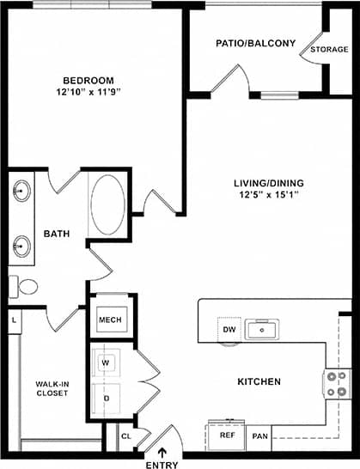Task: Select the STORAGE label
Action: [x=329, y=50]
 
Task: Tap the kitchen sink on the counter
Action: [x=259, y=329]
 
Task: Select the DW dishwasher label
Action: [x=229, y=329]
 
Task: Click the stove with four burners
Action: [x=336, y=385]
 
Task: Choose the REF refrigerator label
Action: [x=228, y=435]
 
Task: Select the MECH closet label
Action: [x=110, y=320]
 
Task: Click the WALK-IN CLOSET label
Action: [x=52, y=389]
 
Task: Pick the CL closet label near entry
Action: [x=125, y=436]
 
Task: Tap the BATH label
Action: [x=58, y=233]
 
